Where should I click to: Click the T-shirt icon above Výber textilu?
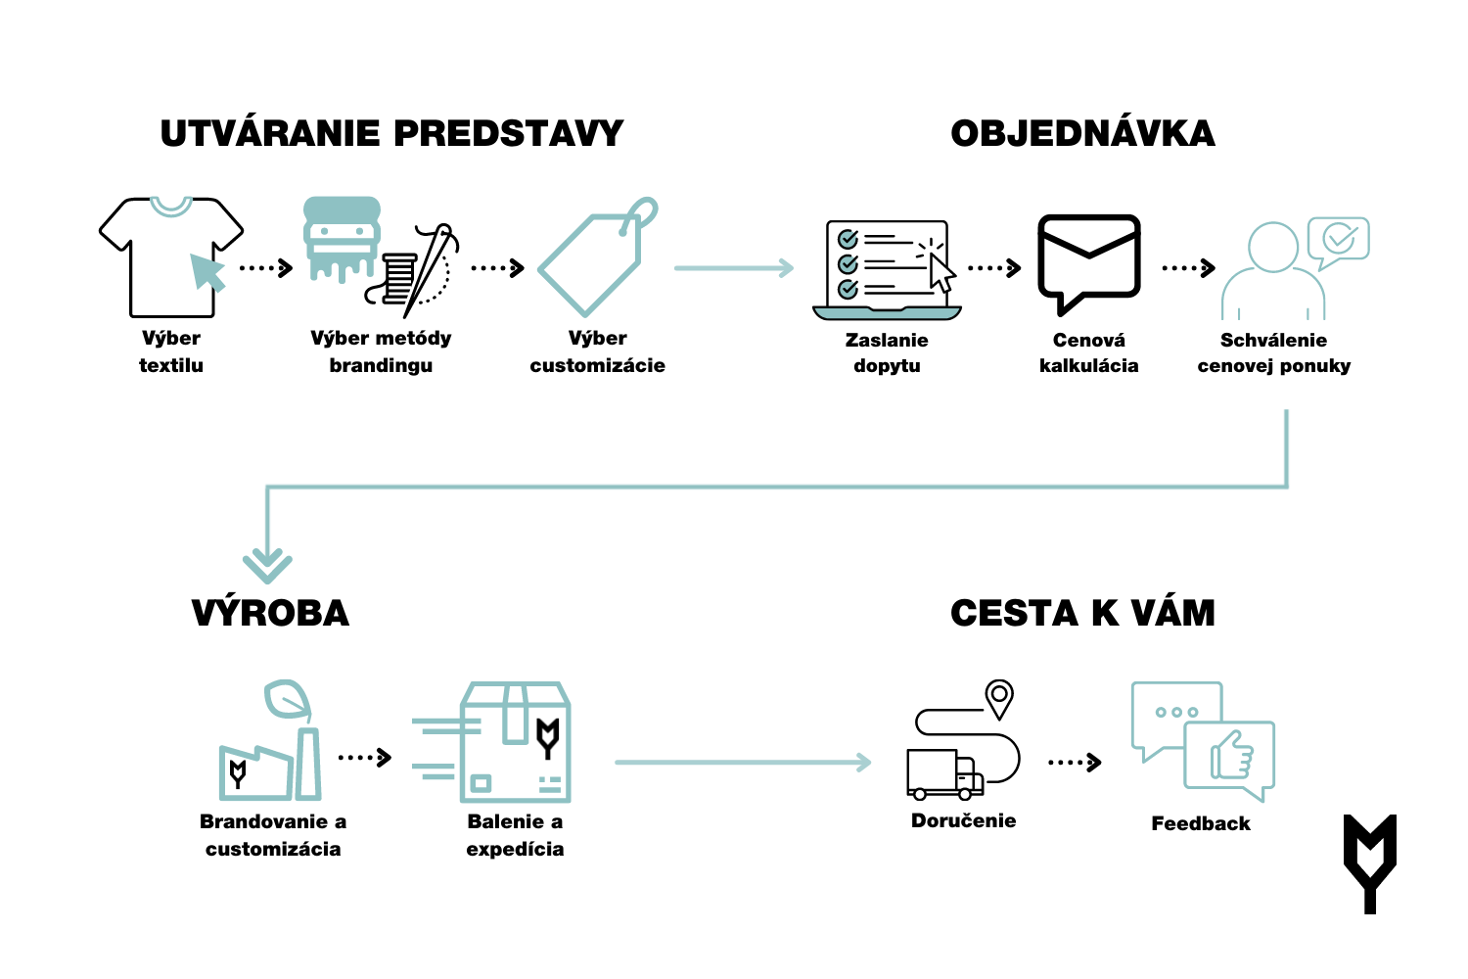click(x=170, y=256)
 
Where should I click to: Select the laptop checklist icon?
click(x=887, y=269)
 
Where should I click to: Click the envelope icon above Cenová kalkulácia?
click(x=1088, y=258)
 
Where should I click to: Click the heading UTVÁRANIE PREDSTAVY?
click(x=391, y=134)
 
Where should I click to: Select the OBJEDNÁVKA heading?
click(x=1082, y=134)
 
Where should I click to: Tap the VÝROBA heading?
click(x=270, y=614)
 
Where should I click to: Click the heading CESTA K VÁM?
click(x=1082, y=614)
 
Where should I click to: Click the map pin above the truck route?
click(x=998, y=697)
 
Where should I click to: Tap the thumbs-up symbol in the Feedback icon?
click(x=1231, y=755)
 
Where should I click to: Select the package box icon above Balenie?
click(x=516, y=742)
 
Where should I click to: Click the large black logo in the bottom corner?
click(x=1369, y=862)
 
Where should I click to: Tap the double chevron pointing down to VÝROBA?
click(x=267, y=565)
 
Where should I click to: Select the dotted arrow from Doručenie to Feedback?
click(x=1074, y=762)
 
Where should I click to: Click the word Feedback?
click(x=1201, y=824)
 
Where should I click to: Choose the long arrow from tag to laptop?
click(x=733, y=268)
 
